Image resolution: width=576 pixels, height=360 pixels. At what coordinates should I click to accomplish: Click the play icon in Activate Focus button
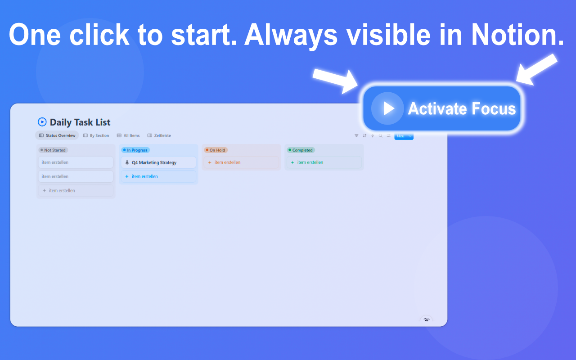tap(387, 108)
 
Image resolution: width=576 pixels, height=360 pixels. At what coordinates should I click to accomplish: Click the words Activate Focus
tap(462, 109)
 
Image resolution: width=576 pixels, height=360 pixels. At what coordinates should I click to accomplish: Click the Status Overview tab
tap(57, 135)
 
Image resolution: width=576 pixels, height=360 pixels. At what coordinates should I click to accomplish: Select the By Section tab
tap(96, 135)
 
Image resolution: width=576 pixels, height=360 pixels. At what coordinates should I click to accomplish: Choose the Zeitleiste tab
tap(159, 135)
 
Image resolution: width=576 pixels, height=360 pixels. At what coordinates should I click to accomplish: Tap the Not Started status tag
tap(53, 150)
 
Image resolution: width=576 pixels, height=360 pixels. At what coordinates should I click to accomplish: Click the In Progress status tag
tap(135, 150)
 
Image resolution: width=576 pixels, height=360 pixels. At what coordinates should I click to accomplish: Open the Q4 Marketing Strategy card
tap(154, 162)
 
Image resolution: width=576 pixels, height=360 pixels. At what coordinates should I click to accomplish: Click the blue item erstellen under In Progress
tap(144, 176)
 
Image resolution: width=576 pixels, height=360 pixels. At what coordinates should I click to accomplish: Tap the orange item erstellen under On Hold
tap(227, 162)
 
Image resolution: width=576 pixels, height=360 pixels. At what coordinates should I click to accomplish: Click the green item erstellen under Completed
tap(310, 162)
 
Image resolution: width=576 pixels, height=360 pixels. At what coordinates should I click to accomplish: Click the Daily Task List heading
tap(80, 122)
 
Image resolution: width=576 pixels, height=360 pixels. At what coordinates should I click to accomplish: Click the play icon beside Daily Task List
tap(42, 122)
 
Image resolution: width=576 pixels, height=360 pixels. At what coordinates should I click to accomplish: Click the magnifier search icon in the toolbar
tap(381, 135)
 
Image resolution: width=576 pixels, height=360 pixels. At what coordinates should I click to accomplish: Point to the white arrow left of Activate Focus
tap(335, 80)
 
